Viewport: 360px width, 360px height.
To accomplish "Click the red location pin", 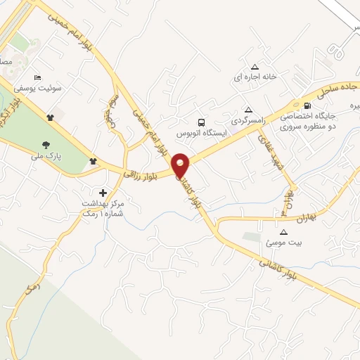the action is (x=181, y=165).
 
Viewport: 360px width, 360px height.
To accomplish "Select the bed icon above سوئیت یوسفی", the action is (x=37, y=77).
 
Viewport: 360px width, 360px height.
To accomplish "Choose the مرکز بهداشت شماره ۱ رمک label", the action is (x=103, y=207).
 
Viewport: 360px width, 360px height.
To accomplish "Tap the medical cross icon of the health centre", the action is (x=103, y=192).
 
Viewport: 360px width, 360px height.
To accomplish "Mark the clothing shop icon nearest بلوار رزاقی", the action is (x=93, y=162).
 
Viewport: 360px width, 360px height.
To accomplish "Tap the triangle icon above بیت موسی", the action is (x=284, y=232).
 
